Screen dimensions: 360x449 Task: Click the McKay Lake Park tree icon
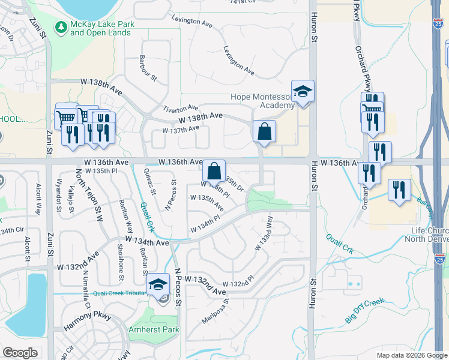point(61,27)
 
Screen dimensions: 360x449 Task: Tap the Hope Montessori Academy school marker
point(303,92)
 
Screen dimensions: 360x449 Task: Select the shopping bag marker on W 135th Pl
point(214,171)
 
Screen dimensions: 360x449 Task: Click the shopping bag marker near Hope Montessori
point(264,131)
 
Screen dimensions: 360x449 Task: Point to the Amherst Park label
point(154,330)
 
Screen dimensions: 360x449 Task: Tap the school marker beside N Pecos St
point(158,285)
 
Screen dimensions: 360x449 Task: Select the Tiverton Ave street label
point(180,107)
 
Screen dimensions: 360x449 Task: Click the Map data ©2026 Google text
point(411,355)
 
